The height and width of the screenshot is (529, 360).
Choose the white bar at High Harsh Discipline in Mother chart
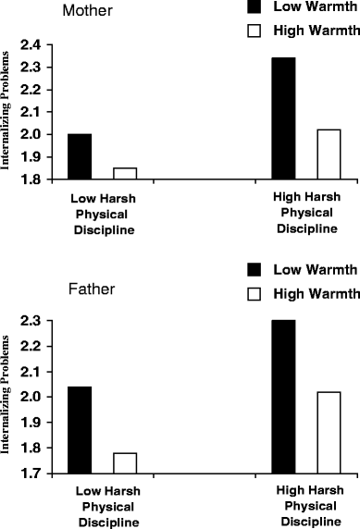[x=329, y=154]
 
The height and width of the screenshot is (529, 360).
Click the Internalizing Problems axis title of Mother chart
[x=6, y=114]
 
